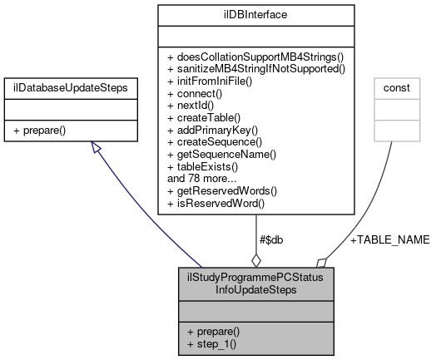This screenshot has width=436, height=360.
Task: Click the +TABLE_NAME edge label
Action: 389,239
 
